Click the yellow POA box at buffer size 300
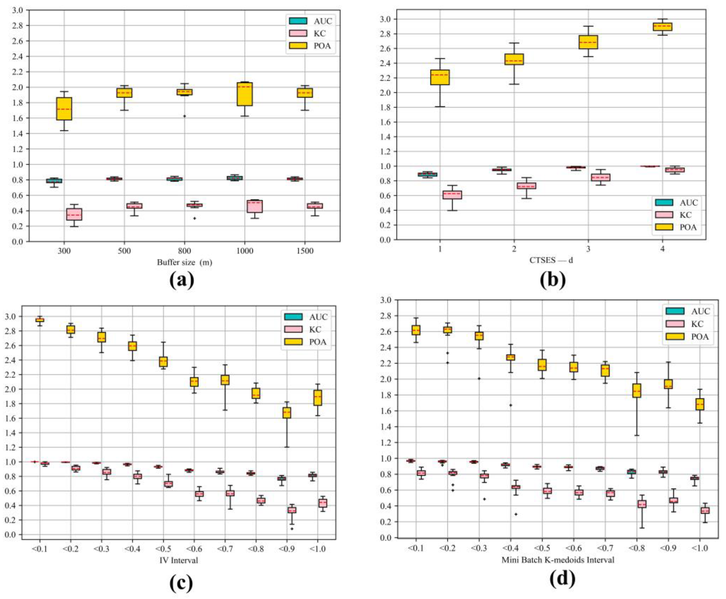64,109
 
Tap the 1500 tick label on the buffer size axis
305,251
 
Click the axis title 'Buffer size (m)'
184,262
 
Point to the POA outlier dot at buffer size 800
184,116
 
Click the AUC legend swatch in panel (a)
298,21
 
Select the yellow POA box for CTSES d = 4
662,27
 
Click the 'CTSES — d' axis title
551,260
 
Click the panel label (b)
553,279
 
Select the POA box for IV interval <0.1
40,320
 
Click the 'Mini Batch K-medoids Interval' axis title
558,560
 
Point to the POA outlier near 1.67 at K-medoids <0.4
511,405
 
